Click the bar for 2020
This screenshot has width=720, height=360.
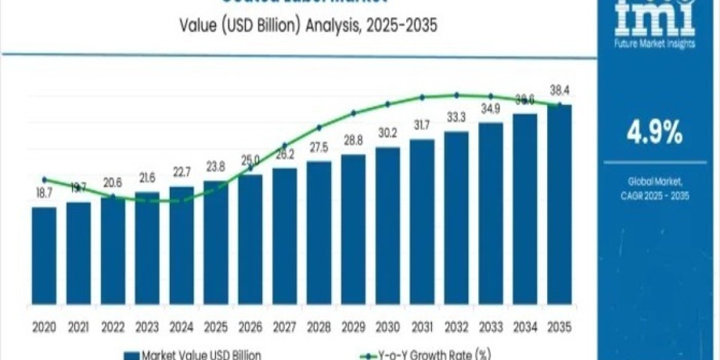click(44, 258)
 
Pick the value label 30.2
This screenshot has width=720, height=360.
click(388, 134)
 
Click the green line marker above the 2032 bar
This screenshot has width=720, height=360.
click(457, 95)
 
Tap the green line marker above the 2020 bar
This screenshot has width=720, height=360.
click(44, 179)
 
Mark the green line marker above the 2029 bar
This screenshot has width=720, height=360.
click(353, 112)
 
